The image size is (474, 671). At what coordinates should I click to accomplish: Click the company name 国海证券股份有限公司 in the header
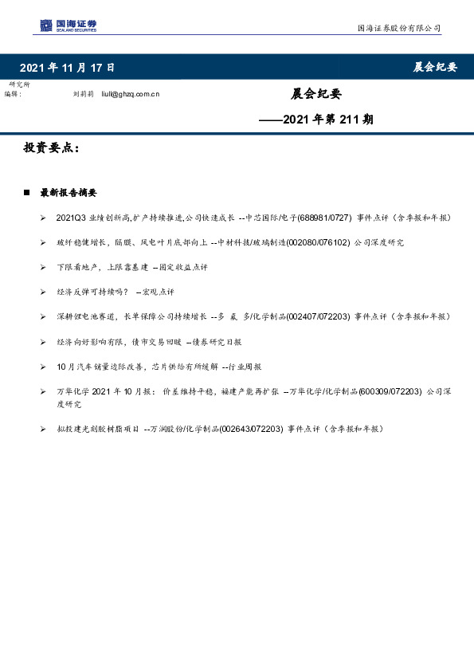point(398,29)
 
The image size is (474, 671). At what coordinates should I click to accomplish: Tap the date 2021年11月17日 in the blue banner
point(67,68)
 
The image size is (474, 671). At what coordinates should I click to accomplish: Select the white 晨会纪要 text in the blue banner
point(435,68)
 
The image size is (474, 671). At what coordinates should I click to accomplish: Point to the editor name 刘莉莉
point(84,93)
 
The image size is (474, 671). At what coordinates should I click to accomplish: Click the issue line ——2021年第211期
point(316,120)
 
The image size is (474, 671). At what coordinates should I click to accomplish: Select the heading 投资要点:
point(52,148)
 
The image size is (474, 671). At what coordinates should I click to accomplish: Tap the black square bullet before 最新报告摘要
point(27,193)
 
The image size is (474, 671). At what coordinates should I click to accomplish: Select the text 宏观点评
point(159,292)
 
